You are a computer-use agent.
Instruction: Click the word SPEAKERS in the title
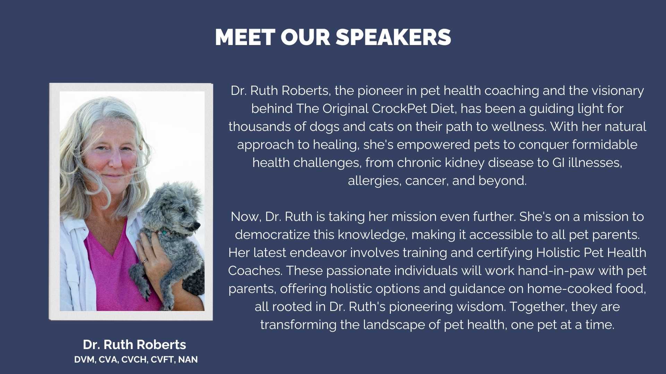[393, 37]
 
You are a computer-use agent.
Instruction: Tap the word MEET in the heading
[245, 37]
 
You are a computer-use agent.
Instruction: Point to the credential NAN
[188, 360]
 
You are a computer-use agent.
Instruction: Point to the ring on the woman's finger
[145, 261]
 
